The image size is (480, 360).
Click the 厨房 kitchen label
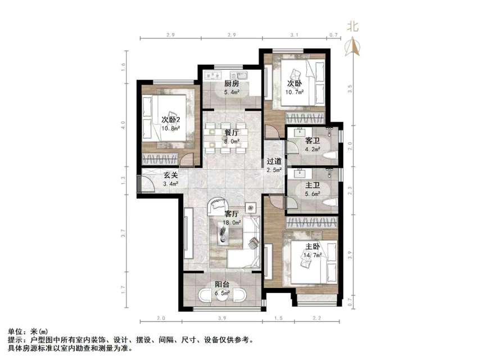(233, 83)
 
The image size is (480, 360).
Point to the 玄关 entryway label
(171, 175)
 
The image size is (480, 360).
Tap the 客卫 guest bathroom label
(313, 141)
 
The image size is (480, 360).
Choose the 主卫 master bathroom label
(313, 184)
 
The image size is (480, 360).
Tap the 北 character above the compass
(353, 25)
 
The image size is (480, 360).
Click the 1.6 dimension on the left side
(124, 65)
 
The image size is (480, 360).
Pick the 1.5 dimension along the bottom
(279, 319)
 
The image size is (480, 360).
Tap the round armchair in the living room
(216, 206)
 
